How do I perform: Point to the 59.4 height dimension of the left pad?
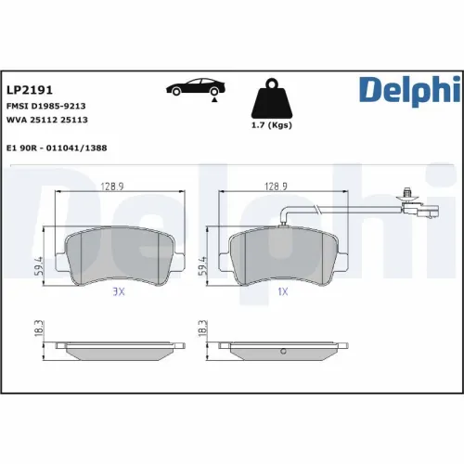pos(39,266)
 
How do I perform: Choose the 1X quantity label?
pos(283,290)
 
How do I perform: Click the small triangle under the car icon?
pos(215,99)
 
